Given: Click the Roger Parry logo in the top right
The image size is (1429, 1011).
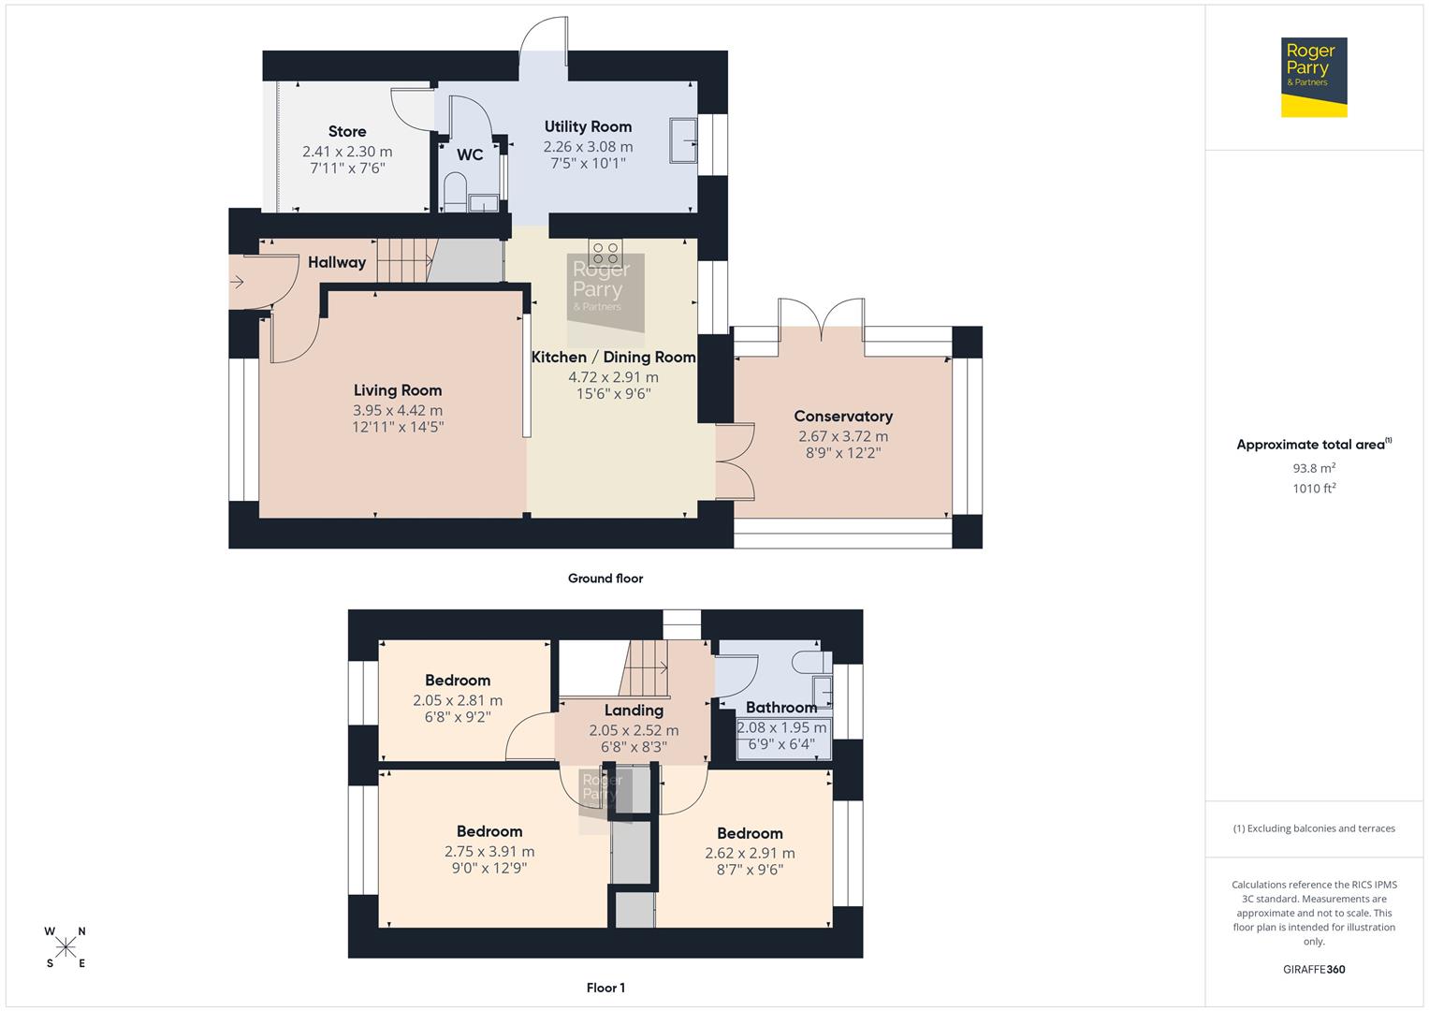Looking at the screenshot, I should click(1313, 77).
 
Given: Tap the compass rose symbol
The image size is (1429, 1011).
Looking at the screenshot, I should click(66, 947).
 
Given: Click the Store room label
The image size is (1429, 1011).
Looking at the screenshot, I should click(347, 132).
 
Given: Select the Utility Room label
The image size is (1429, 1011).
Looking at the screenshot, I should click(588, 126).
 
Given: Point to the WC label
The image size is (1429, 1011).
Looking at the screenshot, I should click(470, 154).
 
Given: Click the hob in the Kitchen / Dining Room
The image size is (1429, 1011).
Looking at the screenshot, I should click(605, 253).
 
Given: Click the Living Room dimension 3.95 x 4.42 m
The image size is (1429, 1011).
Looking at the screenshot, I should click(398, 410).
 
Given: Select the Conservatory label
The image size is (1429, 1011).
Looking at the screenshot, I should click(843, 417).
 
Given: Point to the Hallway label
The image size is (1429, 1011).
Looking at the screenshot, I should click(337, 262).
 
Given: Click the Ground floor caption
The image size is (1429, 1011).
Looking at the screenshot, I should click(605, 579).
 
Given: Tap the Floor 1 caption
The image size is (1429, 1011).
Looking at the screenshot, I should click(605, 988).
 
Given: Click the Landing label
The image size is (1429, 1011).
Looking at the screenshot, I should click(634, 711).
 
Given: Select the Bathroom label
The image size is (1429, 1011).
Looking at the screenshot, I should click(781, 708).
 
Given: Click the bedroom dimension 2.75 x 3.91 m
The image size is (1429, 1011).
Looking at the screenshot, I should click(489, 852).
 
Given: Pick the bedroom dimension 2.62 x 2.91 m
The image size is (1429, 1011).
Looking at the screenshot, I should click(750, 853).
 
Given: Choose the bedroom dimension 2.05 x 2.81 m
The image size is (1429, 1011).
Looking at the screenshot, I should click(458, 700).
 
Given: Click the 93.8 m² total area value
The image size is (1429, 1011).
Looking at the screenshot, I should click(1314, 468).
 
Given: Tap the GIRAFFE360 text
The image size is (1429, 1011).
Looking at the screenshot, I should click(1314, 970).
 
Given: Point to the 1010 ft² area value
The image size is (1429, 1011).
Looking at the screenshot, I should click(1314, 489).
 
